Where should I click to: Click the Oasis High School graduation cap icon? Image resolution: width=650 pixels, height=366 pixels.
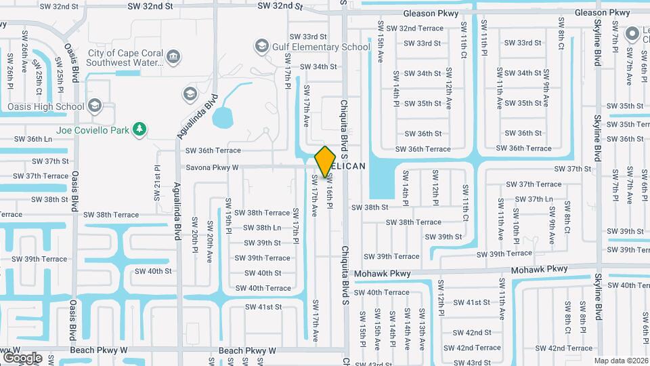(95, 106)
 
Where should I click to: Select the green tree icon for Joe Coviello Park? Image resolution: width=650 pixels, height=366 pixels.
(139, 128)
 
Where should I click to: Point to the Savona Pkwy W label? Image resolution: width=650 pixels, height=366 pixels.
(212, 167)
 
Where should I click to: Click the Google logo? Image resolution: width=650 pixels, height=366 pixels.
(22, 357)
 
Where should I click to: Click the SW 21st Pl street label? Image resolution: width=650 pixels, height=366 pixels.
(156, 184)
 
